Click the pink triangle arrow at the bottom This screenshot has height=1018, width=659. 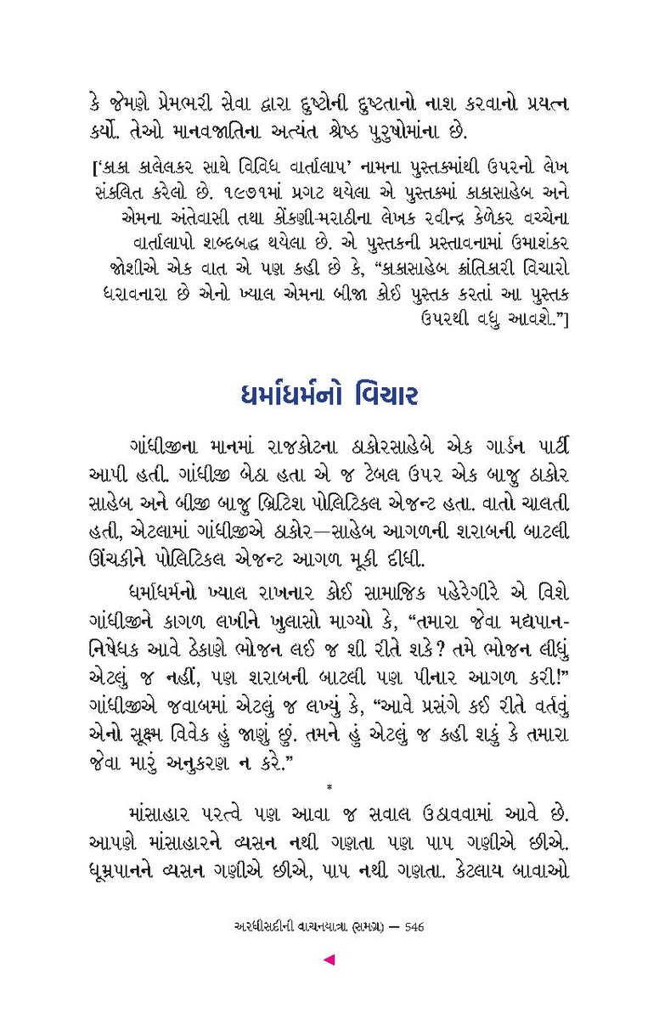[x=329, y=960]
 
